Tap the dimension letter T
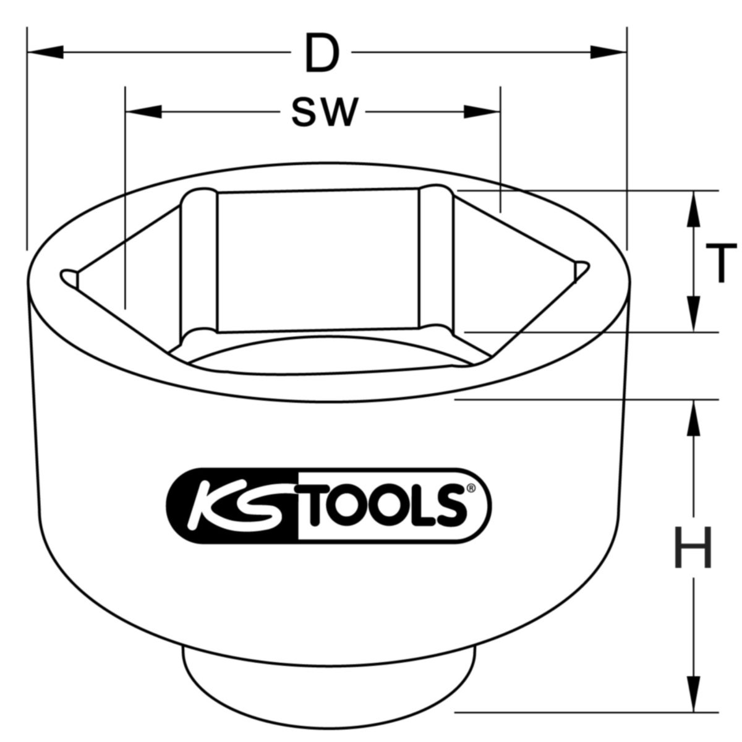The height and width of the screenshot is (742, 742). pyautogui.click(x=720, y=263)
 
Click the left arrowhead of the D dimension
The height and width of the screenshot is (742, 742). pyautogui.click(x=46, y=53)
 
